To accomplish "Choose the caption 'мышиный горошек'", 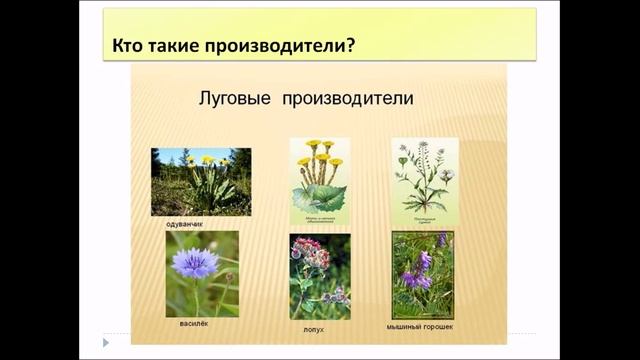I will [x=421, y=326].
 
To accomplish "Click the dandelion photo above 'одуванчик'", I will [x=201, y=181].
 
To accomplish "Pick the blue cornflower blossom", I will [x=195, y=263].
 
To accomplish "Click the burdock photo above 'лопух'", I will [x=319, y=275].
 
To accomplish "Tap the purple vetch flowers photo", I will [x=422, y=275].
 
